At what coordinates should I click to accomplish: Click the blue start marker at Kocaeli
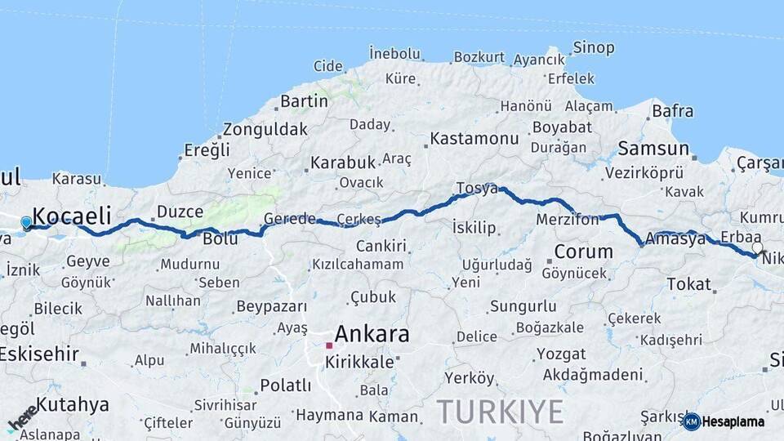26,222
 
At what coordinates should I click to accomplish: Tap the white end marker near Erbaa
757,247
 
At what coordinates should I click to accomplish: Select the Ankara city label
372,333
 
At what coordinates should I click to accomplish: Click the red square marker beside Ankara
329,345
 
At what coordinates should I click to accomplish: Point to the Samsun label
653,149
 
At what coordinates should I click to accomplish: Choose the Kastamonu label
474,138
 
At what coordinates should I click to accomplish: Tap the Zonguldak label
265,129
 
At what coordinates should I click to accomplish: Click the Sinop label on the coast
593,47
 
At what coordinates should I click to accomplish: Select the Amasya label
675,238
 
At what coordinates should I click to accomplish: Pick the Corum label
583,252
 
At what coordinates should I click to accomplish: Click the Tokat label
688,284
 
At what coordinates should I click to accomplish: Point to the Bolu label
220,238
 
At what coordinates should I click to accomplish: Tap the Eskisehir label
38,354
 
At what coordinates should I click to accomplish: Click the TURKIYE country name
500,411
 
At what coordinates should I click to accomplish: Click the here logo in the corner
21,418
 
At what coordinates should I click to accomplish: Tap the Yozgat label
561,354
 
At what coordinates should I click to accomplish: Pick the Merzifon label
568,220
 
